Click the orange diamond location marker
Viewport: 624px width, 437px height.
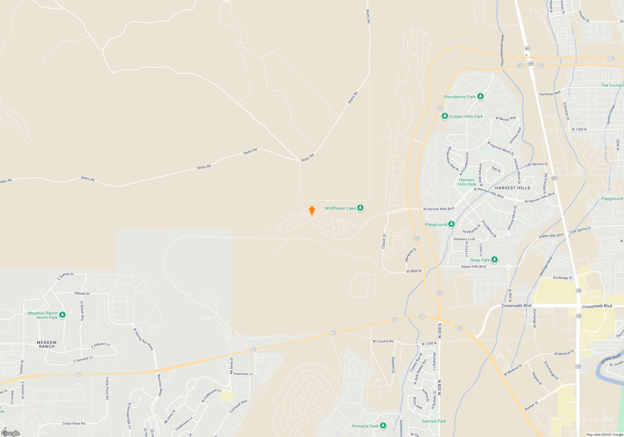point(312,211)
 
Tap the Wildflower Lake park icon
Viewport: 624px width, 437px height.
point(360,208)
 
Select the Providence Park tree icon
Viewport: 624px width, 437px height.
point(480,96)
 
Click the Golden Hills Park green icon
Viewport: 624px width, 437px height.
point(445,116)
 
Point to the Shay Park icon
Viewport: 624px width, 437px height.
point(495,260)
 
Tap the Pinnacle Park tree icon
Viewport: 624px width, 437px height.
point(383,426)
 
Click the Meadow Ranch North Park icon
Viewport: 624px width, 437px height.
point(62,315)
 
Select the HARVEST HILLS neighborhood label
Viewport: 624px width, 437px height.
point(512,188)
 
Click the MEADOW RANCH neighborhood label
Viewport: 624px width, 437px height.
point(47,344)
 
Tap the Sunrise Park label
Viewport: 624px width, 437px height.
point(434,421)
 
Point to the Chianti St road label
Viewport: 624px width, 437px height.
point(384,241)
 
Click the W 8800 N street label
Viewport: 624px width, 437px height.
point(414,271)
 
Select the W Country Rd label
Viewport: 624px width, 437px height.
point(383,341)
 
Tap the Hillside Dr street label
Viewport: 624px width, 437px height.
point(82,293)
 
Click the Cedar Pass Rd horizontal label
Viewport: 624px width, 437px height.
point(74,424)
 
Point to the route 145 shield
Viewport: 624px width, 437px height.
point(459,328)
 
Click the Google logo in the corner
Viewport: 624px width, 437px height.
point(11,433)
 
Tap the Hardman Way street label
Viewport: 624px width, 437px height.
point(550,93)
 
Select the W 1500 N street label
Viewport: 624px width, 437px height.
point(579,129)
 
